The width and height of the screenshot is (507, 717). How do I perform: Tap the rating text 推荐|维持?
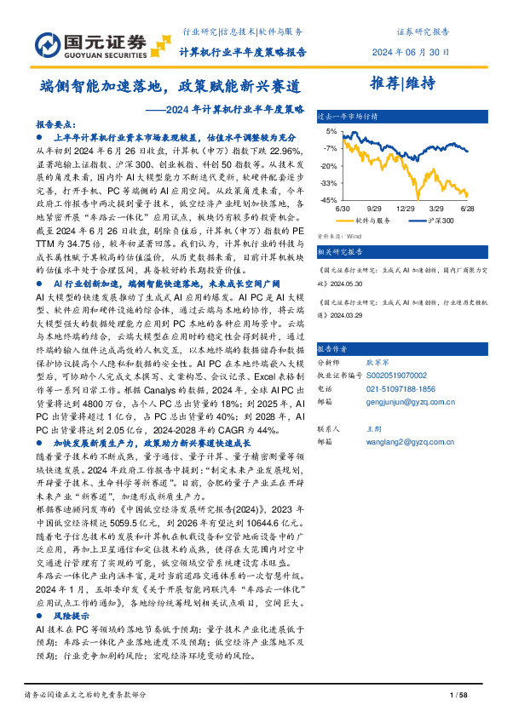404,83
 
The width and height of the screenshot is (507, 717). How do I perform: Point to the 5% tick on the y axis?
330,132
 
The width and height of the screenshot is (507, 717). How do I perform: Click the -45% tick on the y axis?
328,199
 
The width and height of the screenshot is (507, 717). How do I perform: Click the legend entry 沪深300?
438,220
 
